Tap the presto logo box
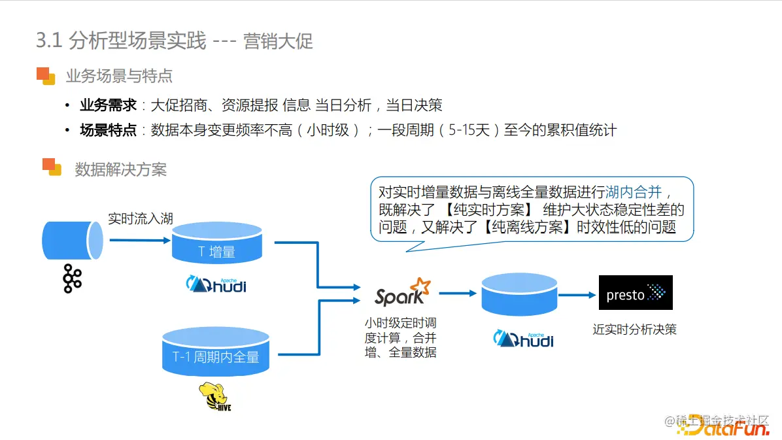tap(636, 292)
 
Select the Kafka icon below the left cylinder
tap(72, 279)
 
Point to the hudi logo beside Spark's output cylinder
tap(523, 339)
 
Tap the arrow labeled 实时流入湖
tap(139, 240)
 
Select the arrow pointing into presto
tap(577, 295)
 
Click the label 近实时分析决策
tap(634, 329)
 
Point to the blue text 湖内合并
tap(634, 192)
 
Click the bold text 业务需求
tap(108, 105)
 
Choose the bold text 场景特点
tap(108, 130)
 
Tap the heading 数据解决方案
tap(121, 170)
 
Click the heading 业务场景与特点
tap(119, 76)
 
